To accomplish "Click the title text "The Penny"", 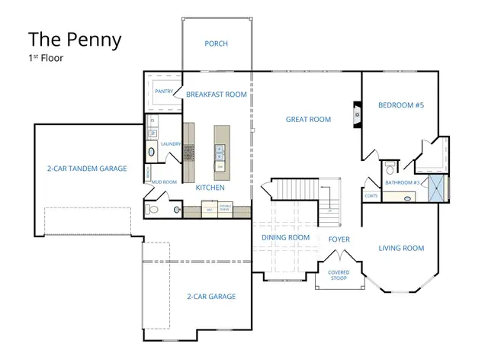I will coord(74,40).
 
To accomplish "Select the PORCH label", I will coord(217,43).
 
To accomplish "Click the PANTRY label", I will coord(164,92).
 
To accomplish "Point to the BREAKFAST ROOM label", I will coord(217,95).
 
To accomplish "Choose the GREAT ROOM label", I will coord(308,119).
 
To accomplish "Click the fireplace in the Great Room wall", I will coord(356,113).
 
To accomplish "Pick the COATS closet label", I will coord(371,196).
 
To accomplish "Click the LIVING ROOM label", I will coord(401,248).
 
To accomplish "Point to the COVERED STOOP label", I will coord(339,275).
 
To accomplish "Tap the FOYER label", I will coord(339,239).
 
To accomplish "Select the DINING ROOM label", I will coord(285,237).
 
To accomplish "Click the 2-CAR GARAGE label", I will coord(211,296).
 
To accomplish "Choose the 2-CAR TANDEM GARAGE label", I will coord(86,168).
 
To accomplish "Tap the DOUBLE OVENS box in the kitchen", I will coord(226,206).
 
